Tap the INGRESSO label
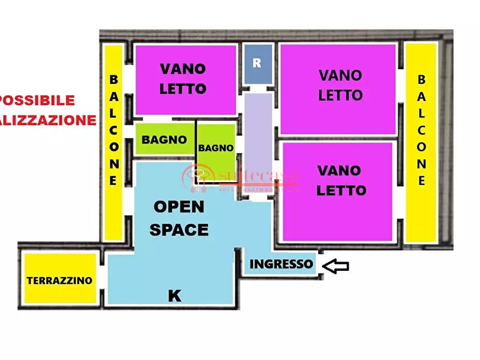tap(281, 264)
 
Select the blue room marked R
tap(258, 63)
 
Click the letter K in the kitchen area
tap(174, 296)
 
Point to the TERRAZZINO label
tap(60, 280)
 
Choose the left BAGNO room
tap(164, 140)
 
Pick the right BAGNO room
tap(216, 148)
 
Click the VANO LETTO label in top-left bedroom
tap(183, 78)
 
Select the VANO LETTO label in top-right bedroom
tap(340, 85)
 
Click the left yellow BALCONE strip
tap(113, 142)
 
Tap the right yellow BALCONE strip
tap(421, 142)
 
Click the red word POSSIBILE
tap(38, 100)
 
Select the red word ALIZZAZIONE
tap(48, 120)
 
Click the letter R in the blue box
tap(257, 63)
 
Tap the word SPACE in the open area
tap(179, 230)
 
